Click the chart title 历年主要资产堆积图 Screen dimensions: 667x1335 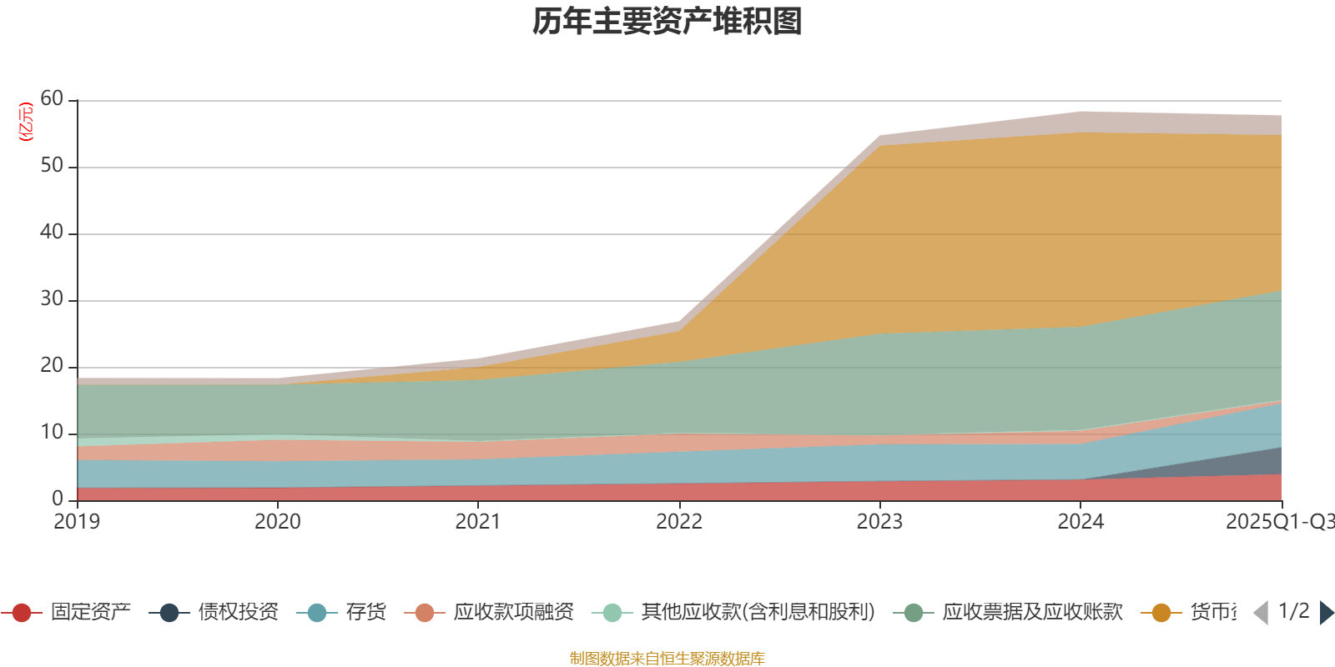click(x=667, y=22)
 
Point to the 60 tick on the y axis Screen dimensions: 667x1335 click(x=52, y=99)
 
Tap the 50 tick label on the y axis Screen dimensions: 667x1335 click(x=52, y=166)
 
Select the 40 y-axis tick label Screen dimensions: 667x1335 click(x=52, y=233)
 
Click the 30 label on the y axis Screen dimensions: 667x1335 click(x=52, y=299)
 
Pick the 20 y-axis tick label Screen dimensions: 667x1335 click(x=52, y=366)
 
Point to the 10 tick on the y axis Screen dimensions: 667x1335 click(x=52, y=433)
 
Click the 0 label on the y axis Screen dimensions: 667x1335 click(x=58, y=499)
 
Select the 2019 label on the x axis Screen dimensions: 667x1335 click(x=77, y=522)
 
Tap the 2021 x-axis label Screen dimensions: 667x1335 click(x=478, y=522)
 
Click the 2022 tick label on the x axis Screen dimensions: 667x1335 click(x=679, y=522)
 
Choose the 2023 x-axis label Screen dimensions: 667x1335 click(x=879, y=522)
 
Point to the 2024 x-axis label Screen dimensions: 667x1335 click(x=1081, y=522)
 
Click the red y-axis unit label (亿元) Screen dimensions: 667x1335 click(x=26, y=122)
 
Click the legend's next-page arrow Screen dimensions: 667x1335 click(x=1326, y=613)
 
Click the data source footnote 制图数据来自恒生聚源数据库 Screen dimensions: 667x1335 click(x=667, y=659)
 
